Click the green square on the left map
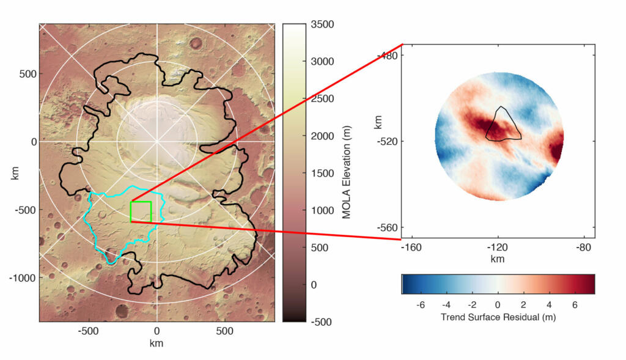pos(141,211)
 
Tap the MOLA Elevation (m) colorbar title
pos(346,173)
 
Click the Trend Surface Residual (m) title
pos(498,318)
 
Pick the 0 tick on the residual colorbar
pos(498,304)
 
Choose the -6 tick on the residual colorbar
pos(419,304)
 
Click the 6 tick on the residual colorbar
pos(575,304)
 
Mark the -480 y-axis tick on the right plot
pos(389,56)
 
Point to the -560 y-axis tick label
pos(389,227)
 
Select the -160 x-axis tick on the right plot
pos(411,248)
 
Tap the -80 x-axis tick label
pos(584,248)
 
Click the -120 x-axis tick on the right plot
pos(498,248)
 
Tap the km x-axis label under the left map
pos(157,343)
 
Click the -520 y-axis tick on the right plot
pos(389,141)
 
